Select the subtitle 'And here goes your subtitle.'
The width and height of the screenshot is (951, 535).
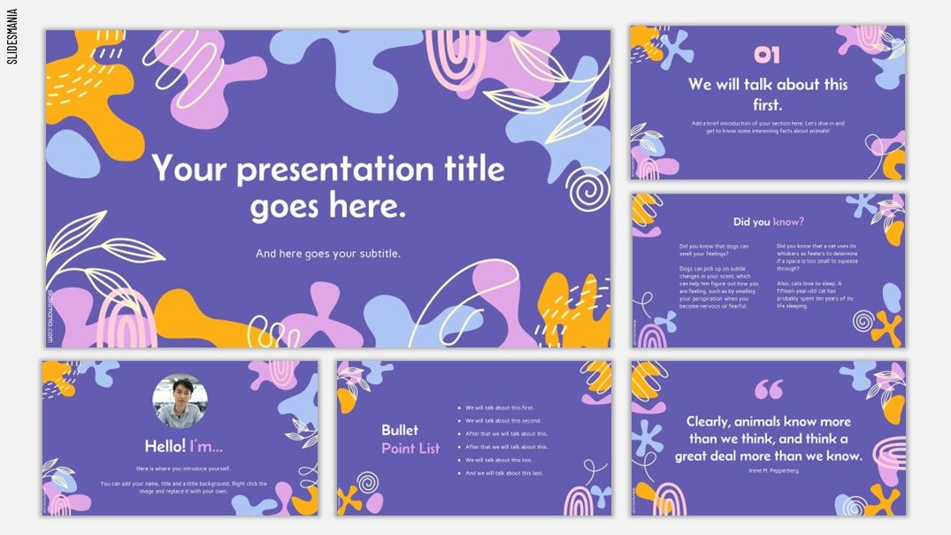point(328,254)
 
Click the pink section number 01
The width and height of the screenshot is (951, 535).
point(767,56)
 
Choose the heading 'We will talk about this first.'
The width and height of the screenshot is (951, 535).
point(768,93)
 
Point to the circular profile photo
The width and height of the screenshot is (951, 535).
point(180,400)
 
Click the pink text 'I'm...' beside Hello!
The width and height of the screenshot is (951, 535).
point(206,447)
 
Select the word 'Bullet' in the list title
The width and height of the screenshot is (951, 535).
point(400,431)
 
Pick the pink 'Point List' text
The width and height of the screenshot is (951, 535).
point(410,448)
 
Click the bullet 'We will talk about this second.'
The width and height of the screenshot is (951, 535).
point(503,421)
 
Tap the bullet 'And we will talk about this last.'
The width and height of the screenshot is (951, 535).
point(504,473)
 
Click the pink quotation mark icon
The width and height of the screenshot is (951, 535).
point(769,390)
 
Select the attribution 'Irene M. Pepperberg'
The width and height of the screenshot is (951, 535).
point(768,470)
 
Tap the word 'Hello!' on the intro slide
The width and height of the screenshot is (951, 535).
point(165,447)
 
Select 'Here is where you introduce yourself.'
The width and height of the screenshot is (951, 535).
point(180,467)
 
